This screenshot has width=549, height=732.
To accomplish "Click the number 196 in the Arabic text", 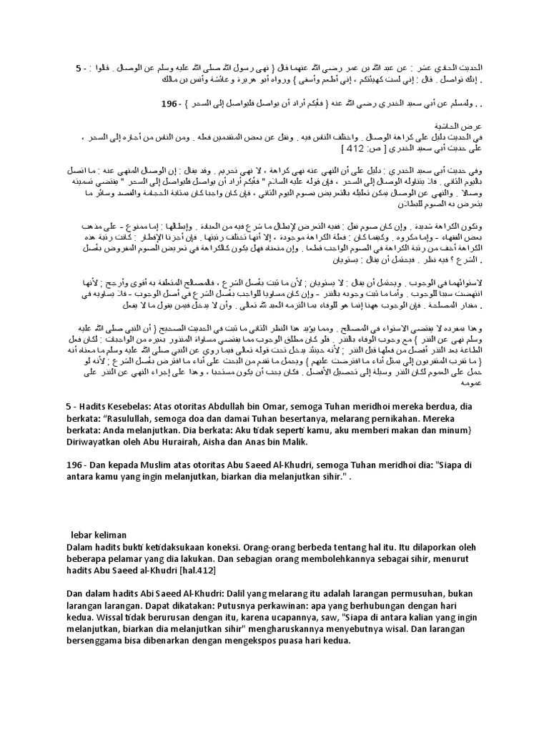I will pyautogui.click(x=169, y=103).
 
